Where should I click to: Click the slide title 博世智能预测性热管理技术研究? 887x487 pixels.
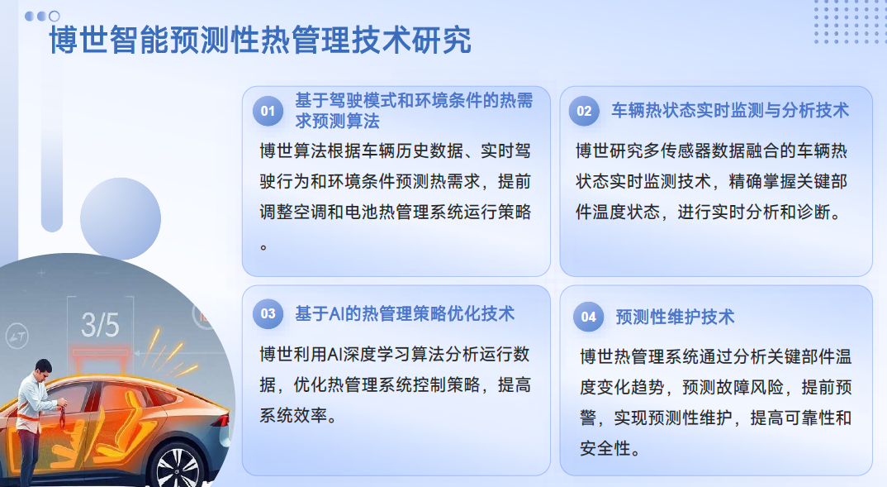click(x=260, y=41)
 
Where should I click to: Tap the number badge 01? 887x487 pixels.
click(x=268, y=111)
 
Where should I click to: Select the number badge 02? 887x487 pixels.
click(x=585, y=111)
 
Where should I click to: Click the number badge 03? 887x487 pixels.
click(x=268, y=313)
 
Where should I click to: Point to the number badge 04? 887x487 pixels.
click(x=589, y=318)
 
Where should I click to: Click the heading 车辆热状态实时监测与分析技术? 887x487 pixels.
click(x=730, y=111)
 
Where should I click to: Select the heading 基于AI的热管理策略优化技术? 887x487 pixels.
click(x=405, y=313)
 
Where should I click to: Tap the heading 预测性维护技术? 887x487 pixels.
click(x=675, y=318)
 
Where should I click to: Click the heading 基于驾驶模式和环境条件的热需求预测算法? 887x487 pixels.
click(x=414, y=111)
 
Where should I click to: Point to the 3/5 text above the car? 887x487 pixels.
click(x=100, y=325)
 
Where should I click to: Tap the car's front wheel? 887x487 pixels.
click(x=178, y=467)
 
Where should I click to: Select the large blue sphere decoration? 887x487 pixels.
click(x=121, y=218)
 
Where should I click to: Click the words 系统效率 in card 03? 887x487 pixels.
click(x=293, y=416)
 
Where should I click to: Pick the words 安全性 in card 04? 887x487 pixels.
click(x=605, y=448)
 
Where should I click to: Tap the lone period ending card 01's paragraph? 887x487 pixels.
click(x=263, y=247)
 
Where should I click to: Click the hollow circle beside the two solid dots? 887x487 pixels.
click(x=55, y=17)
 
